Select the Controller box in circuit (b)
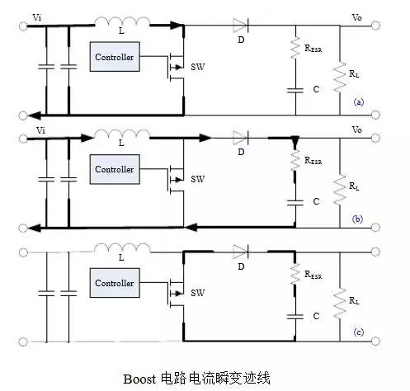(114, 170)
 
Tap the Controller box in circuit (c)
(114, 283)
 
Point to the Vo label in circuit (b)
(356, 130)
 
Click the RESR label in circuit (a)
(313, 49)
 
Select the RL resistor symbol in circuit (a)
(340, 78)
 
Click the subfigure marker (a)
(358, 102)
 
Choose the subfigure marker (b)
(358, 219)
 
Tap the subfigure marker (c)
(358, 332)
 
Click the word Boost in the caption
(139, 378)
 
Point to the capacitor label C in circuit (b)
(316, 200)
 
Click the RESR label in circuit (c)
(313, 276)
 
